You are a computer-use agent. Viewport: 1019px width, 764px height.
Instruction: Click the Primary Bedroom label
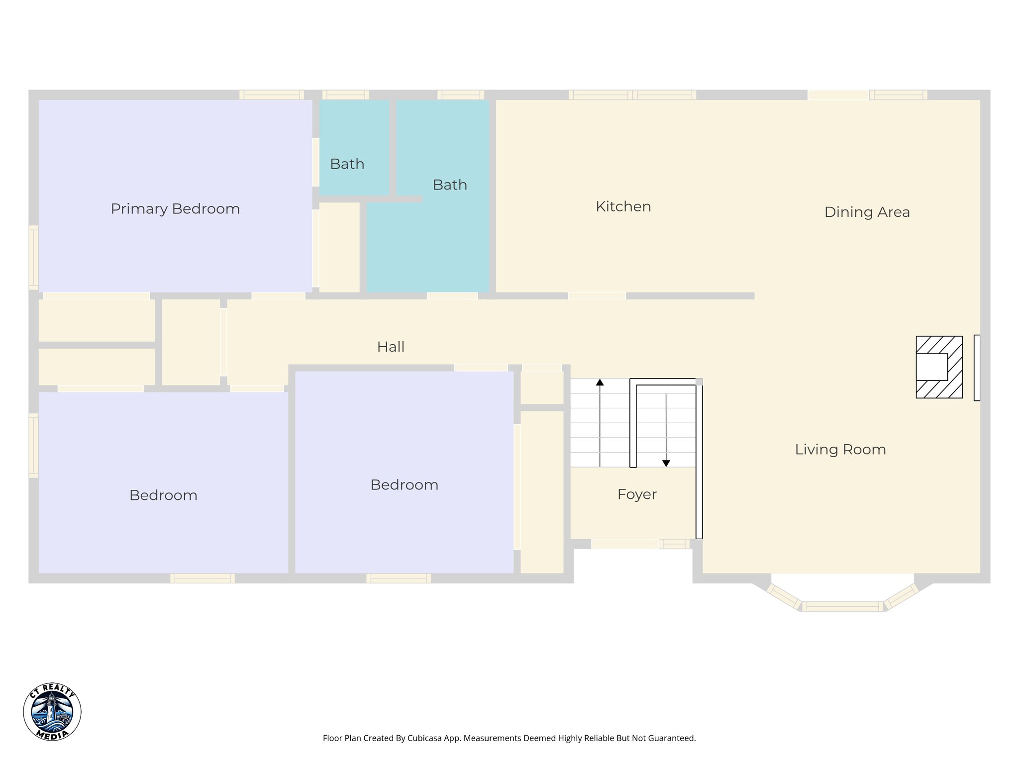(x=175, y=209)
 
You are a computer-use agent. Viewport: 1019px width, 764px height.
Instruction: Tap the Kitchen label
(x=623, y=206)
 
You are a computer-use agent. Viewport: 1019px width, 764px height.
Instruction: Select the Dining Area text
(x=867, y=212)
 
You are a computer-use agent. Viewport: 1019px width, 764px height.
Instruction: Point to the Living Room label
(x=840, y=450)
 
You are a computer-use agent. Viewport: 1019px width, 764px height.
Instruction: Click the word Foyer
(x=637, y=494)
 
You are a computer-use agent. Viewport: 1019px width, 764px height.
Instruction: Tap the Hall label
(x=391, y=347)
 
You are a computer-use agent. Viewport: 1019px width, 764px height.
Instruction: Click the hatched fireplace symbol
(x=939, y=367)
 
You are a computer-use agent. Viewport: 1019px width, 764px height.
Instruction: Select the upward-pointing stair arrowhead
(x=600, y=382)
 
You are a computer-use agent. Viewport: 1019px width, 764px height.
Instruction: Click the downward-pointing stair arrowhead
(x=666, y=463)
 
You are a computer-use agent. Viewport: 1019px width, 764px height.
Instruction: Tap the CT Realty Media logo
(x=52, y=711)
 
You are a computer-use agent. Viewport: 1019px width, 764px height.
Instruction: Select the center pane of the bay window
(x=842, y=606)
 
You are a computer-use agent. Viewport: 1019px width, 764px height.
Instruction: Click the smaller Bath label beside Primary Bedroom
(x=347, y=164)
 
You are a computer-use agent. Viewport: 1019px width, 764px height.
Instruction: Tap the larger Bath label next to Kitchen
(x=450, y=185)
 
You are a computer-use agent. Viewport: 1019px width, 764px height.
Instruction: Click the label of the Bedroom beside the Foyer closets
(x=404, y=485)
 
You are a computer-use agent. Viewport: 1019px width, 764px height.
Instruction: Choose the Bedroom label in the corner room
(x=163, y=495)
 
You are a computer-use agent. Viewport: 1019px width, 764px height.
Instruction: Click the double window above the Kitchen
(x=632, y=95)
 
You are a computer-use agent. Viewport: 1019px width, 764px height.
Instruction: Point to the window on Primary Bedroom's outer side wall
(x=33, y=257)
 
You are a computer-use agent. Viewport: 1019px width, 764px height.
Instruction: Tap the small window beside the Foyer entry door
(x=674, y=544)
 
